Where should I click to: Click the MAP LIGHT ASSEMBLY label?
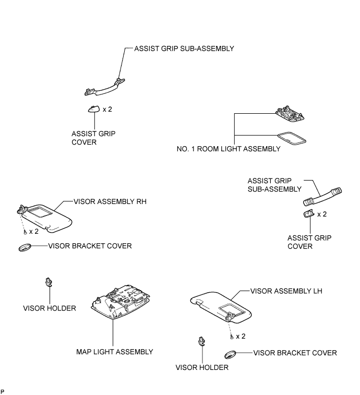coord(115,352)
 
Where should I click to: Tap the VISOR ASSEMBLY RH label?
coord(110,201)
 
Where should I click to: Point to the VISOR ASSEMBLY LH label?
coord(286,291)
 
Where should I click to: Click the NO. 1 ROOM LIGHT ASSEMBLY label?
coord(229,149)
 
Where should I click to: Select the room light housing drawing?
coord(290,114)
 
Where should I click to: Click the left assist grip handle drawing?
coord(105,88)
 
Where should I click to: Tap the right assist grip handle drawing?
coord(322,196)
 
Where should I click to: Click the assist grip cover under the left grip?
coord(94,109)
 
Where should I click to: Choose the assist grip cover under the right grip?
coord(309,213)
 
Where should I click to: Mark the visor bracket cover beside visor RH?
coord(25,247)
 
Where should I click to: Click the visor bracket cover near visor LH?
coord(230,354)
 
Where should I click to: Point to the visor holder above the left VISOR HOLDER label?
coord(49,282)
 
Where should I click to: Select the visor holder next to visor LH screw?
coord(202,341)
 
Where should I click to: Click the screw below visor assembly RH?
coord(25,232)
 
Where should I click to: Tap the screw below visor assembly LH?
coord(232,337)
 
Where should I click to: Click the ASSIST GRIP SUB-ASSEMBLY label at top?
coord(184,49)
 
